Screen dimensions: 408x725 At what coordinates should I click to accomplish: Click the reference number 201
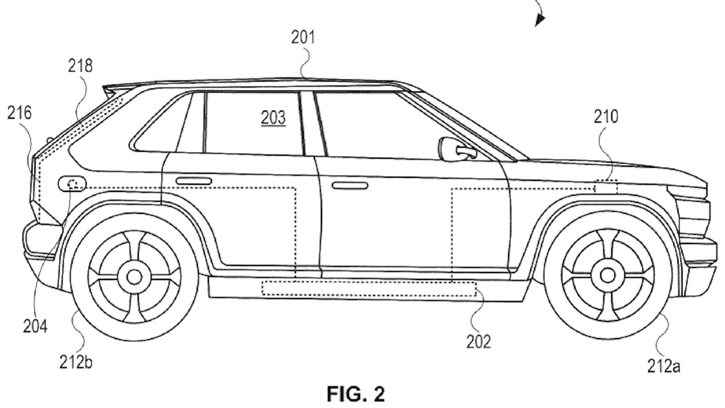(x=303, y=37)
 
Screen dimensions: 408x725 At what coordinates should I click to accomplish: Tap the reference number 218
(x=80, y=66)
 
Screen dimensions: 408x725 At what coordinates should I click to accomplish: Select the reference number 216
(x=19, y=113)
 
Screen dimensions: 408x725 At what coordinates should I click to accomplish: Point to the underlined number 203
(x=273, y=118)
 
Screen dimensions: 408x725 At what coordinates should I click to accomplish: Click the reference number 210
(x=606, y=117)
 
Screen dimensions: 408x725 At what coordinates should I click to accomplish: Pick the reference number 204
(x=35, y=326)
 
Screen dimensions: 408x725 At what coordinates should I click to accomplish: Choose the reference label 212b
(x=76, y=362)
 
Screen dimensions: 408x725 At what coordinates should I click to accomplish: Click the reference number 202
(x=478, y=341)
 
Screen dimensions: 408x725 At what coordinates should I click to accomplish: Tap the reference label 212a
(x=663, y=365)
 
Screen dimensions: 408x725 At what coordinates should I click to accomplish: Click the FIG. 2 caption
(x=356, y=394)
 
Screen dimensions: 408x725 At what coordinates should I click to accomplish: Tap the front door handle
(x=350, y=186)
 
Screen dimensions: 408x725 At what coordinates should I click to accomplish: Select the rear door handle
(x=193, y=181)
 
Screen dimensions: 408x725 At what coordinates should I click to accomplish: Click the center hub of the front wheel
(x=608, y=276)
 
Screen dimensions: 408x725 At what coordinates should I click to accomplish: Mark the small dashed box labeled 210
(x=606, y=186)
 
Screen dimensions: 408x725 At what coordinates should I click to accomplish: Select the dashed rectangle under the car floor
(x=369, y=288)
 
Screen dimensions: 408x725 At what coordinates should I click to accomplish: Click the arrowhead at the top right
(x=540, y=19)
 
